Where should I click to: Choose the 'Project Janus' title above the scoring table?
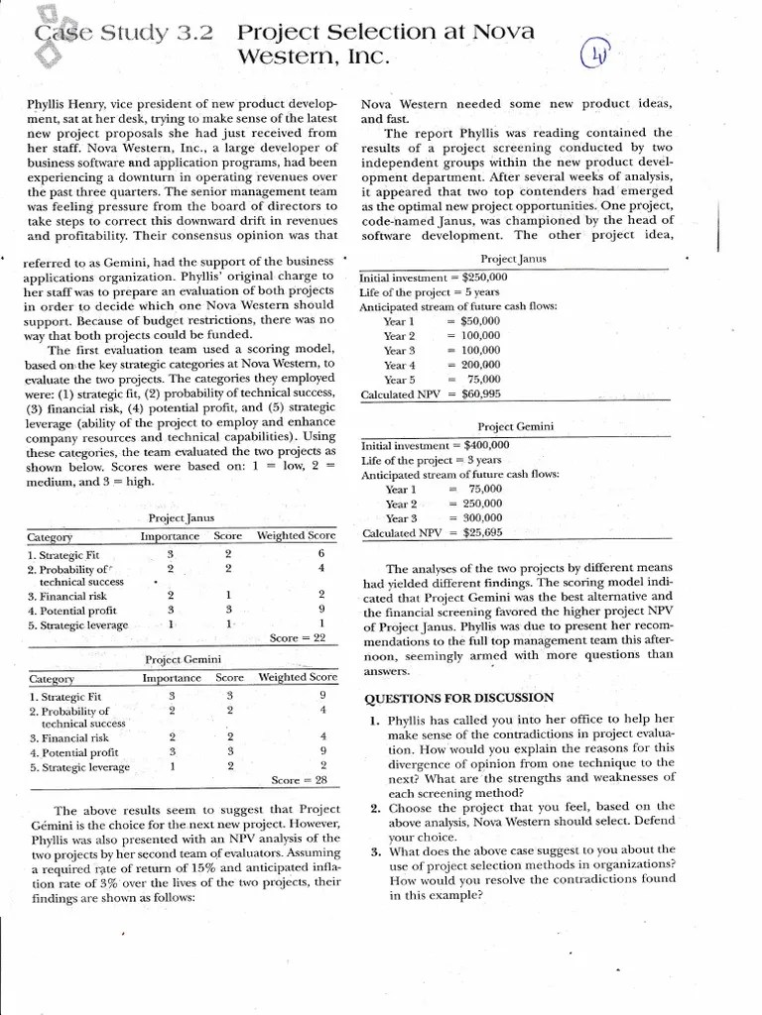pos(182,518)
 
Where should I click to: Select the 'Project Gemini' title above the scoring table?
pos(182,659)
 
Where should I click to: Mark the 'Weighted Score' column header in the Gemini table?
pos(298,677)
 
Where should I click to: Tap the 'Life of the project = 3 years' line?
pos(431,460)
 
